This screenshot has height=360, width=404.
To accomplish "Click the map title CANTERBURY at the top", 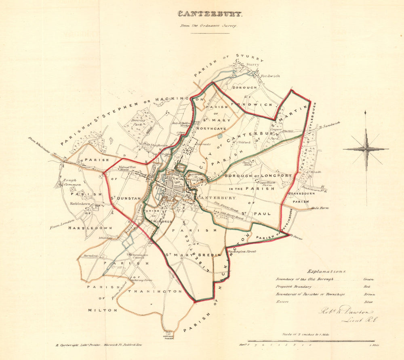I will pyautogui.click(x=210, y=14).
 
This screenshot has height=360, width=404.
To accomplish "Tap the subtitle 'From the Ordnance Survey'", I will pyautogui.click(x=210, y=25).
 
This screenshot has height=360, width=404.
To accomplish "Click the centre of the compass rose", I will pyautogui.click(x=366, y=149).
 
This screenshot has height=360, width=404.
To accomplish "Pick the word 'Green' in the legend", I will pyautogui.click(x=368, y=279).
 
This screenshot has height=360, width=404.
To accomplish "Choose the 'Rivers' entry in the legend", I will pyautogui.click(x=282, y=302).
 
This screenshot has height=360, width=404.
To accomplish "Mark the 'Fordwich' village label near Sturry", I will pyautogui.click(x=270, y=75).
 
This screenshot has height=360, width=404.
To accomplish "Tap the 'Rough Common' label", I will pyautogui.click(x=69, y=182).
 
